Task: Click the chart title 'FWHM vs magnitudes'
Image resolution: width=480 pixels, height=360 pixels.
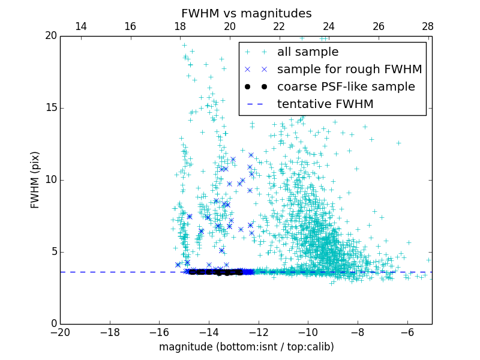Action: pos(246,13)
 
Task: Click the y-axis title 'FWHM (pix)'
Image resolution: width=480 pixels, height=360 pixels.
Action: pos(35,179)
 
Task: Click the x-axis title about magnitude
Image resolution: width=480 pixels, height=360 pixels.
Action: pos(246,347)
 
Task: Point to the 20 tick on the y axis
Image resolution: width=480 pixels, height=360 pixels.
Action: pos(50,36)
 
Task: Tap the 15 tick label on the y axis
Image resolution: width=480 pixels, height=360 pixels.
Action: pos(50,108)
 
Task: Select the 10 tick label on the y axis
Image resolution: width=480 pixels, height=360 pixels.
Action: pos(50,180)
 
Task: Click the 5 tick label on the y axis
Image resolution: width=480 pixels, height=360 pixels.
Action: pos(53,252)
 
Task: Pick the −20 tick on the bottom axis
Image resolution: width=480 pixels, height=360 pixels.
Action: pos(60,332)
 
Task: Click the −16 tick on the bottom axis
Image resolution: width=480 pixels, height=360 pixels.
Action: pos(159,332)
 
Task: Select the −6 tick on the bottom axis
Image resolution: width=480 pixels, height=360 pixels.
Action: pos(407,332)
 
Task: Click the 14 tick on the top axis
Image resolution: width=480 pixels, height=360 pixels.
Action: pos(80,26)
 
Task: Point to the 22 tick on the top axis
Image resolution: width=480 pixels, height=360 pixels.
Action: pos(279,26)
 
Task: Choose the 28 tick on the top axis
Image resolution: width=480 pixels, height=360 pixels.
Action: pos(428,26)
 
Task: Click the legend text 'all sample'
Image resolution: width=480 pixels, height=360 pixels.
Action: pos(308,52)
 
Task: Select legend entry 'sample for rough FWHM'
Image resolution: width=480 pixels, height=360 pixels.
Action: pos(349,70)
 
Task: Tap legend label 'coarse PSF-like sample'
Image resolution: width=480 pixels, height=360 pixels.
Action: pos(346,87)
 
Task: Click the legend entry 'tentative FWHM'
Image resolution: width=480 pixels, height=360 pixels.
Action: pos(325,104)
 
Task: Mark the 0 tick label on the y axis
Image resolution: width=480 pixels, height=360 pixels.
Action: pos(53,324)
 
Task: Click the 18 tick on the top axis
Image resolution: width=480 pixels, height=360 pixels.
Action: pos(180,26)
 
